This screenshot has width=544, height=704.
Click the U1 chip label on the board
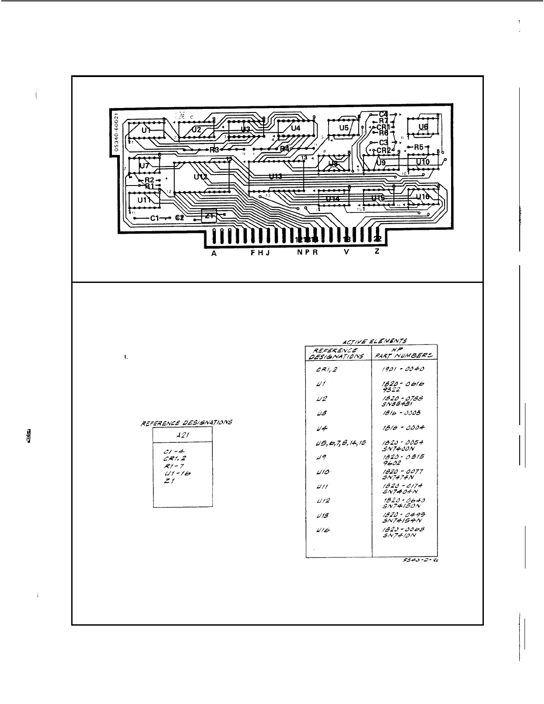(x=146, y=131)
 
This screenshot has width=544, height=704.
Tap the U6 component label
(x=423, y=127)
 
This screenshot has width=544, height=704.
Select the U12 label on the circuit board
(x=200, y=176)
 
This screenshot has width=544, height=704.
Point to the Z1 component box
(x=209, y=216)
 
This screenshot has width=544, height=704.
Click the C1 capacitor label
(x=154, y=218)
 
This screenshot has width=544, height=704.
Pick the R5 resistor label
(x=418, y=147)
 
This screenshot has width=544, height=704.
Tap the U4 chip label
(x=295, y=128)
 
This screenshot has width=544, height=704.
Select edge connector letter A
(x=214, y=253)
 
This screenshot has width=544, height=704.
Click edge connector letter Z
(x=376, y=251)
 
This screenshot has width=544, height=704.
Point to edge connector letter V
(x=346, y=252)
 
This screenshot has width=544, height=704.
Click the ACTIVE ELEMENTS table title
(x=375, y=341)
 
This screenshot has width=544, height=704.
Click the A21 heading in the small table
(x=182, y=436)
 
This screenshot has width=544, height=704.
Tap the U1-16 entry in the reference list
(x=177, y=474)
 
